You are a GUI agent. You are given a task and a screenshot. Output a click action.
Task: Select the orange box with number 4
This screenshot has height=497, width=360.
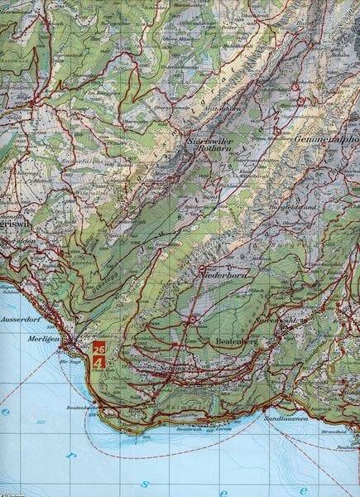[x=98, y=362]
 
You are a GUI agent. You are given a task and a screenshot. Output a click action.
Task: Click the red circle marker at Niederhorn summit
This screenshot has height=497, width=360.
[x=202, y=269]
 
